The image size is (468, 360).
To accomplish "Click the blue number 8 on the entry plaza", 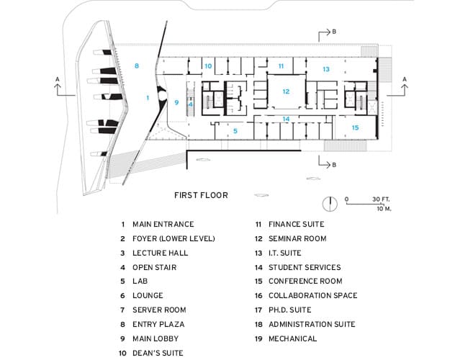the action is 137,66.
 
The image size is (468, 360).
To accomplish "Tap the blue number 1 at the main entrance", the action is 148,98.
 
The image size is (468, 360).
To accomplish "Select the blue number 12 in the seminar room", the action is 286,91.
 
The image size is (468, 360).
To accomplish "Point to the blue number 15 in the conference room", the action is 355,127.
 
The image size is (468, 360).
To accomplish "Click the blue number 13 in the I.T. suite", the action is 326,69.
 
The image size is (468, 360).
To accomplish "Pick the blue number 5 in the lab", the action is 235,131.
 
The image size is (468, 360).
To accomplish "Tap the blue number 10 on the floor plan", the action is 208,66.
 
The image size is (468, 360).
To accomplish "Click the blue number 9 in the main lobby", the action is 176,102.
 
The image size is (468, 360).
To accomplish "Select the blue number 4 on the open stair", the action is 190,104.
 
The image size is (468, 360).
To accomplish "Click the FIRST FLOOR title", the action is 201,195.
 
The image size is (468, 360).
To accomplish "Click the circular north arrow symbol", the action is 330,204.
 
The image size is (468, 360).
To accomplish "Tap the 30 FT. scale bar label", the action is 381,199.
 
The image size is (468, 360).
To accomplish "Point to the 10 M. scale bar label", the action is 384,209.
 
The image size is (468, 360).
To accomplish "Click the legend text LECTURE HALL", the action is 161,253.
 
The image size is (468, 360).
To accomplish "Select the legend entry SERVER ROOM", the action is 159,310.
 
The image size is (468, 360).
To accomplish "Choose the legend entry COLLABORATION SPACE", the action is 312,295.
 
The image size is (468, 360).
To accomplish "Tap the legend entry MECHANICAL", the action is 293,338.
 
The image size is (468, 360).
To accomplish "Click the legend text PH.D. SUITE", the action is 290,310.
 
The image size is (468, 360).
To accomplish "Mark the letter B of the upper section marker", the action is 334,32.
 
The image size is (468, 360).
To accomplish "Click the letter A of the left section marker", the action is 58,79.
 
